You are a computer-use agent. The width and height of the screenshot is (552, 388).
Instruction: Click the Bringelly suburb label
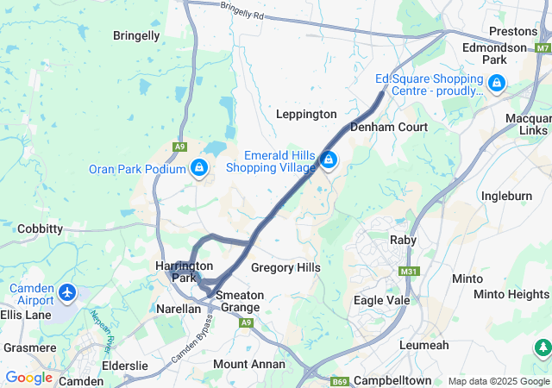click(x=136, y=35)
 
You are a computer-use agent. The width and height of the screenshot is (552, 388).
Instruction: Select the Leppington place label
click(x=306, y=114)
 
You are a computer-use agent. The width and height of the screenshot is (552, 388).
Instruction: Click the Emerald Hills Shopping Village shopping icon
click(x=329, y=160)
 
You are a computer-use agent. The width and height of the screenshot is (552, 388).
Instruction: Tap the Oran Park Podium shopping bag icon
click(x=199, y=167)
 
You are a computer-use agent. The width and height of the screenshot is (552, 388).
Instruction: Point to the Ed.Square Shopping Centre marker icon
click(x=496, y=84)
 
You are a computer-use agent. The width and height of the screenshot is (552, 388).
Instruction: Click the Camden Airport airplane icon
click(x=67, y=293)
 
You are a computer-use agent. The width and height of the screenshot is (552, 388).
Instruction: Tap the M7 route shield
click(x=542, y=47)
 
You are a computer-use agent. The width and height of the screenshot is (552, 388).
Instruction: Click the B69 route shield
click(x=340, y=380)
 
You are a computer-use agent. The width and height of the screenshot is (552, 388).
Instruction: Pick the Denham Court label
click(x=389, y=127)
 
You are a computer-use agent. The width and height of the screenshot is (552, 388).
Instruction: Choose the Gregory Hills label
click(x=285, y=268)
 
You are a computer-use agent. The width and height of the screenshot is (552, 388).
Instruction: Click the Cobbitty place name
click(x=40, y=228)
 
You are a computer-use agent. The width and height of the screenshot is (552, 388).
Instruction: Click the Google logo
click(x=28, y=378)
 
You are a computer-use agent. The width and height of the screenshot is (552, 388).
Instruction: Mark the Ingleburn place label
click(x=506, y=196)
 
